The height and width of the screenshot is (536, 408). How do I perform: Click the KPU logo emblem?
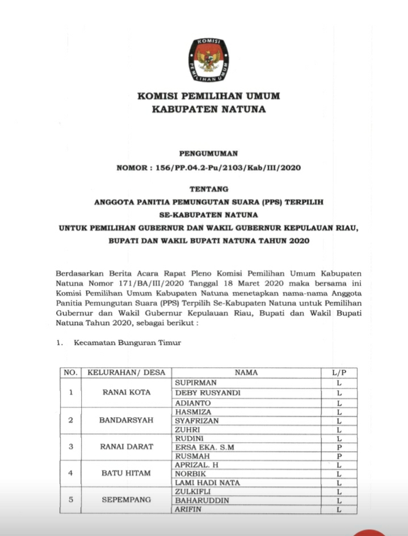click(209, 59)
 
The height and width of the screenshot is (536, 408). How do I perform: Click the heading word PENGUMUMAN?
click(208, 153)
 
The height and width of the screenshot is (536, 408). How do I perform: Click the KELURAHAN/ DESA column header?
click(127, 373)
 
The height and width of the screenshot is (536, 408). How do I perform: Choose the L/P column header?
click(338, 373)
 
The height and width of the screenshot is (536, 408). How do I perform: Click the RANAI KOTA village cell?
click(127, 392)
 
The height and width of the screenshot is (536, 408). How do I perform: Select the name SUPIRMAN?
click(196, 383)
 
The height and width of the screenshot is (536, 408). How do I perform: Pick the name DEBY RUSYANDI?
click(208, 393)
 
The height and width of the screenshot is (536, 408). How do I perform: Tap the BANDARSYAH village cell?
click(127, 421)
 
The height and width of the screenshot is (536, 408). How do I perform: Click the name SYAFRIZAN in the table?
click(197, 421)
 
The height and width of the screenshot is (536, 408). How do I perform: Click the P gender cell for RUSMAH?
click(338, 456)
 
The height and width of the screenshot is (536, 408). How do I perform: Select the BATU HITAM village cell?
click(127, 473)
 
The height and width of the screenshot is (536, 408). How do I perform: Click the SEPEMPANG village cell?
click(127, 500)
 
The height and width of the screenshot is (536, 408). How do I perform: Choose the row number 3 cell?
click(71, 447)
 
